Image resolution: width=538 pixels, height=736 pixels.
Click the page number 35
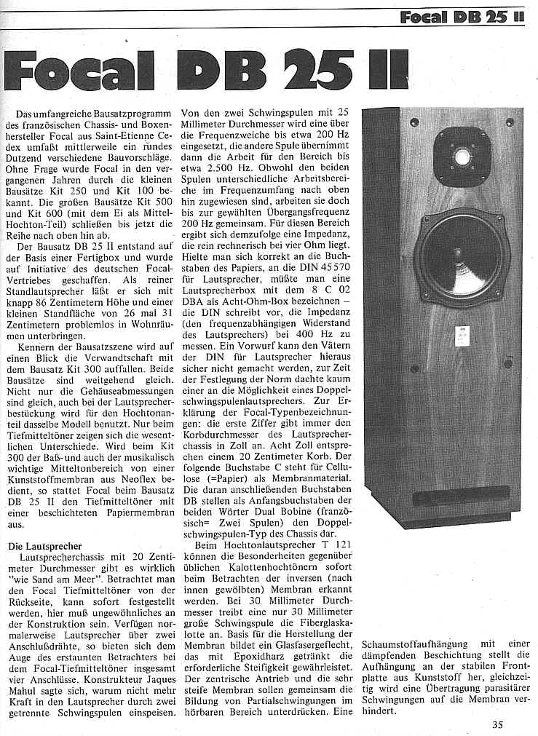[x=497, y=724]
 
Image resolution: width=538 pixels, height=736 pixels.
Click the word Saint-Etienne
[x=125, y=138]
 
